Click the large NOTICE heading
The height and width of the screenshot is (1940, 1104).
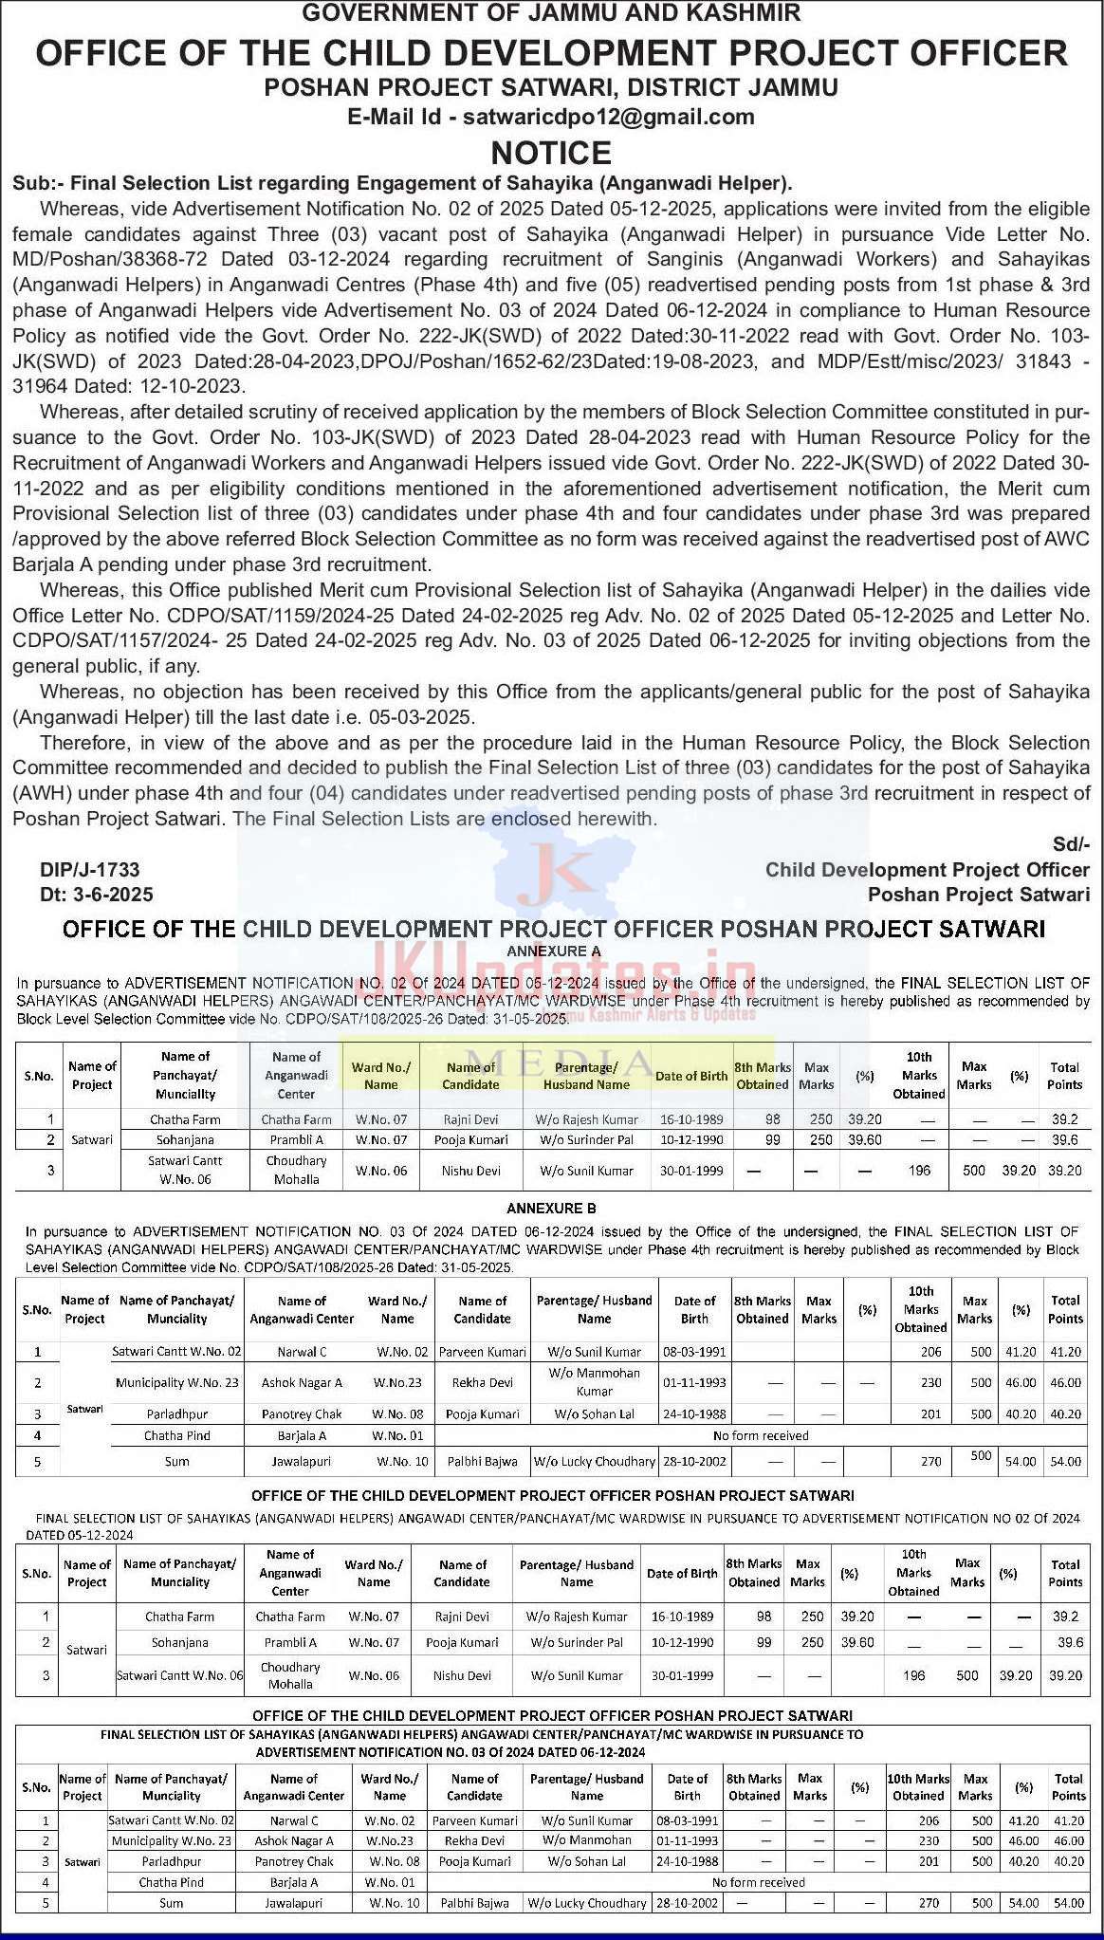pyautogui.click(x=551, y=153)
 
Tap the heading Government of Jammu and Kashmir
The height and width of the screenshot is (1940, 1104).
pyautogui.click(x=551, y=12)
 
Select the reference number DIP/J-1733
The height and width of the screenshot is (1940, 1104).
pyautogui.click(x=89, y=870)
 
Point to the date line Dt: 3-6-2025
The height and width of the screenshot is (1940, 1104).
pyautogui.click(x=96, y=895)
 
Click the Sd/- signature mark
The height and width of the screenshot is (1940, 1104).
pyautogui.click(x=1071, y=844)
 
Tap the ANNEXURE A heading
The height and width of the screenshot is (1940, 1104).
pyautogui.click(x=553, y=951)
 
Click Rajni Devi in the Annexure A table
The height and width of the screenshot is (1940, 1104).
pyautogui.click(x=470, y=1119)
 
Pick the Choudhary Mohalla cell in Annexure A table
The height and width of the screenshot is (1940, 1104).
pyautogui.click(x=296, y=1171)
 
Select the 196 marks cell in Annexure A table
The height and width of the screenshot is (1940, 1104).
pyautogui.click(x=918, y=1171)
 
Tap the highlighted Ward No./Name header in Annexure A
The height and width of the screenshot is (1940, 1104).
pyautogui.click(x=381, y=1076)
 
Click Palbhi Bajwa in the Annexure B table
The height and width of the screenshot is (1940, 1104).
pyautogui.click(x=482, y=1462)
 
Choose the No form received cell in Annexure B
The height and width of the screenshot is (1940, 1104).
pyautogui.click(x=761, y=1436)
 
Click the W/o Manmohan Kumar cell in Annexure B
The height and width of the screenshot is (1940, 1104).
pyautogui.click(x=594, y=1382)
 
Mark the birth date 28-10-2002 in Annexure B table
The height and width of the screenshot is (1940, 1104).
pyautogui.click(x=694, y=1462)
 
